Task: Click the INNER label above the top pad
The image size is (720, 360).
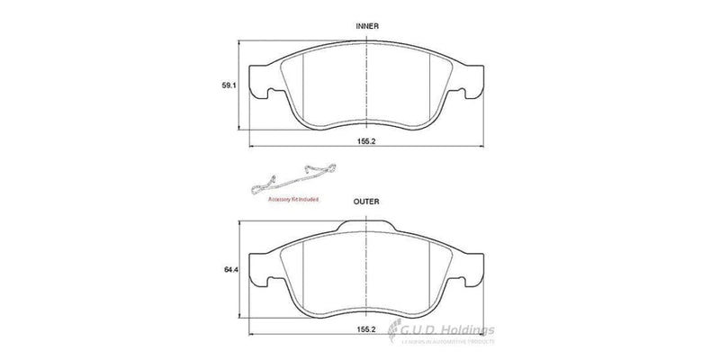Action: [x=366, y=27]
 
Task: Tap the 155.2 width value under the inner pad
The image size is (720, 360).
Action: [x=366, y=140]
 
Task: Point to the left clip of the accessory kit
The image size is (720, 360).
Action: [x=264, y=183]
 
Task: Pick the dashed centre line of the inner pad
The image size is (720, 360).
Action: [x=366, y=85]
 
